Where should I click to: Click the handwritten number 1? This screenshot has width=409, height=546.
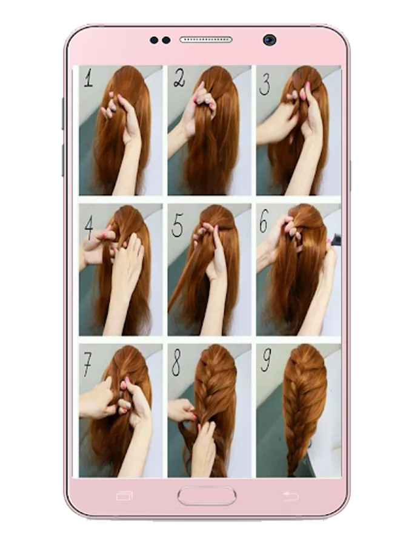pyautogui.click(x=88, y=78)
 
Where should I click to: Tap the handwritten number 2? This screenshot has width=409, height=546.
pyautogui.click(x=179, y=78)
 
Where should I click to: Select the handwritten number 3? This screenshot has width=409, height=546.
pyautogui.click(x=265, y=86)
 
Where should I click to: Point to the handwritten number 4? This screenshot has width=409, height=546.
pyautogui.click(x=89, y=227)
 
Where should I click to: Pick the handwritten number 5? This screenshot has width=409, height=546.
pyautogui.click(x=178, y=225)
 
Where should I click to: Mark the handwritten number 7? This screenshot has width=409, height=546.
pyautogui.click(x=87, y=365)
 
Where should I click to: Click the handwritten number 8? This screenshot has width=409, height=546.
pyautogui.click(x=176, y=363)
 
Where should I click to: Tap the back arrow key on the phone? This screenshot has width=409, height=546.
pyautogui.click(x=290, y=496)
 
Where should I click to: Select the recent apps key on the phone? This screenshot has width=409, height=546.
pyautogui.click(x=124, y=496)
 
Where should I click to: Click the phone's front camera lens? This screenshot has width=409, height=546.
pyautogui.click(x=270, y=40)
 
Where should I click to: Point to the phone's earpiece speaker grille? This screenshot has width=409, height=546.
pyautogui.click(x=205, y=39)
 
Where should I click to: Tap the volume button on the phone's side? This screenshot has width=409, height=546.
pyautogui.click(x=63, y=113)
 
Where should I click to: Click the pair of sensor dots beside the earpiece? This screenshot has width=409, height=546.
pyautogui.click(x=160, y=40)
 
